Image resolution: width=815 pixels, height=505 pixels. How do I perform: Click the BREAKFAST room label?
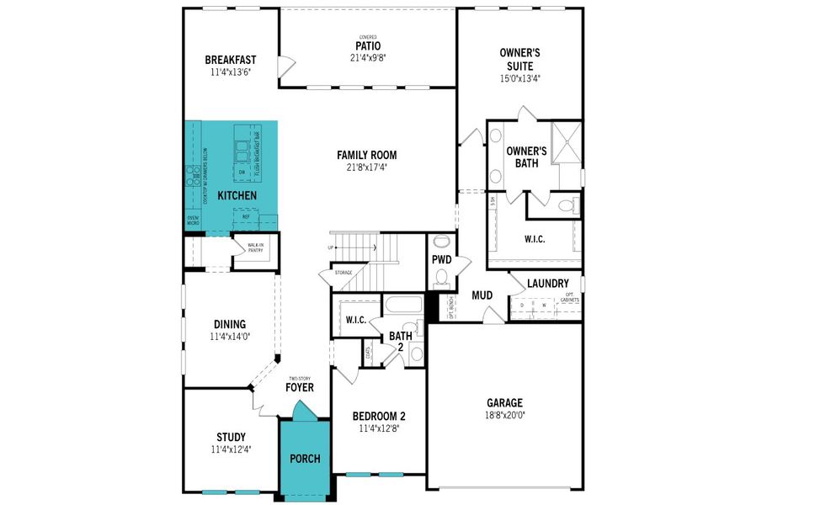pyautogui.click(x=230, y=60)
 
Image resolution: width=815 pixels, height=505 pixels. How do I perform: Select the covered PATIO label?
pyautogui.click(x=367, y=45)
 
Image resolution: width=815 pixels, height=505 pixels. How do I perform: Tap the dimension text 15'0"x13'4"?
pyautogui.click(x=519, y=78)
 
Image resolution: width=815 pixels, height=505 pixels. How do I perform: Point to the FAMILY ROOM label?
pyautogui.click(x=366, y=155)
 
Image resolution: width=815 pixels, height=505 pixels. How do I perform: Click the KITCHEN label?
pyautogui.click(x=237, y=196)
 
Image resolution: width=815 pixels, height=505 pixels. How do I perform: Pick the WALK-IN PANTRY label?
pyautogui.click(x=255, y=248)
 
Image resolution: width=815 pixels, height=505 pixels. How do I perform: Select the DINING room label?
pyautogui.click(x=230, y=324)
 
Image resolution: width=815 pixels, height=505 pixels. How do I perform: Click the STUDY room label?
pyautogui.click(x=231, y=437)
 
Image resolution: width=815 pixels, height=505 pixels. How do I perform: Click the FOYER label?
pyautogui.click(x=299, y=388)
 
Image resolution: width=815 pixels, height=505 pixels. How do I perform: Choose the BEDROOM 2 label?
pyautogui.click(x=378, y=416)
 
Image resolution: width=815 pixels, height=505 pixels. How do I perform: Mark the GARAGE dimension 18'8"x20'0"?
pyautogui.click(x=504, y=414)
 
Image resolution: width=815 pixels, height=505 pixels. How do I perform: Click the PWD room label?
pyautogui.click(x=441, y=260)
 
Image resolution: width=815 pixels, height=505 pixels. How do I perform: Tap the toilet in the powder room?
pyautogui.click(x=441, y=279)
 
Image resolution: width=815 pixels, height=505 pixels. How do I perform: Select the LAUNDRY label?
pyautogui.click(x=548, y=284)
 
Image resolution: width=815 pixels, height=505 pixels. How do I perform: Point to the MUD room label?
pyautogui.click(x=482, y=295)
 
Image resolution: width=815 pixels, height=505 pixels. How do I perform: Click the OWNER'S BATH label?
pyautogui.click(x=526, y=157)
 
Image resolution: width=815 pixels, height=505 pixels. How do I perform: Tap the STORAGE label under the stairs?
pyautogui.click(x=343, y=273)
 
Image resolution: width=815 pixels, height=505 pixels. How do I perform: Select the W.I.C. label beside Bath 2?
pyautogui.click(x=354, y=319)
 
